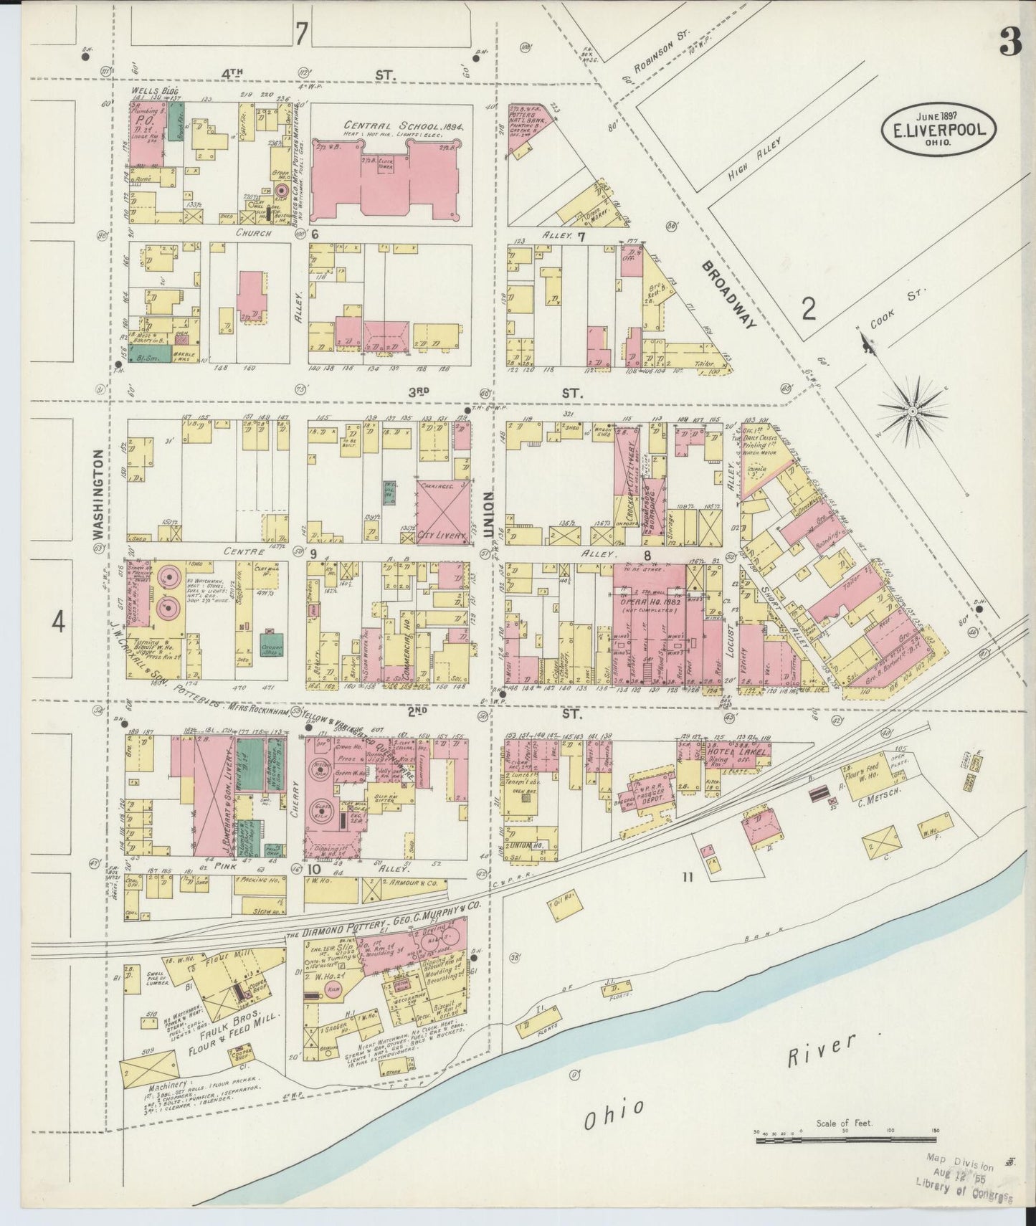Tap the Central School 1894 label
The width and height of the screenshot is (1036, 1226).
384,126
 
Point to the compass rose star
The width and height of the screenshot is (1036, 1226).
912,412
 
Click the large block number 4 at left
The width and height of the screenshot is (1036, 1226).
58,622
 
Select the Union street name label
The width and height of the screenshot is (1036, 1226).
489,515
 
